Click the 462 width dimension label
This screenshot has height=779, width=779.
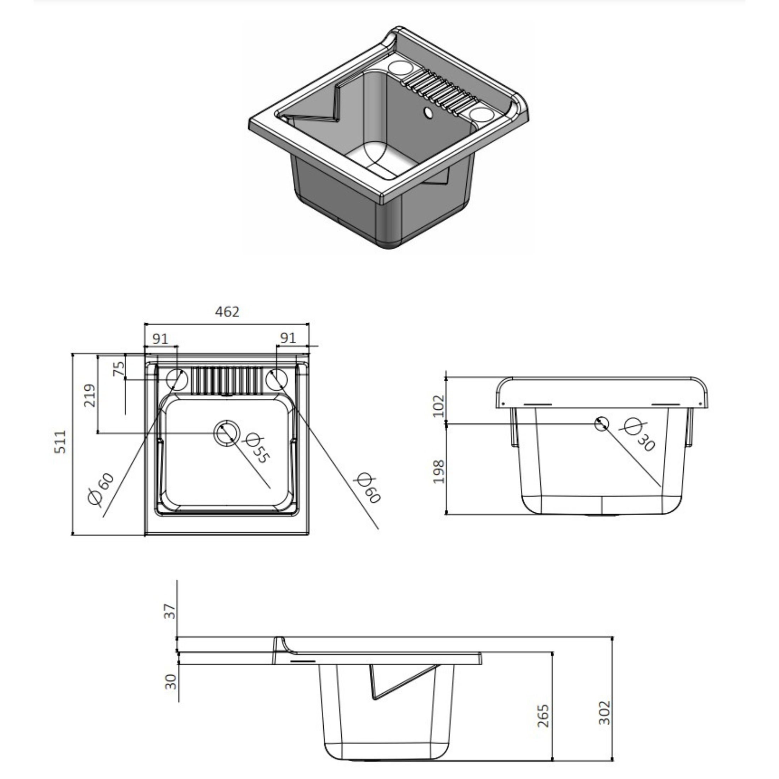(x=227, y=312)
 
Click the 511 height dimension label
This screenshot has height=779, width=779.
(x=61, y=442)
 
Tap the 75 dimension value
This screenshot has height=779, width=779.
(x=119, y=369)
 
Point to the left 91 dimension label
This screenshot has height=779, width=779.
(x=160, y=338)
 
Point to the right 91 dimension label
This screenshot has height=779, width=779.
(x=288, y=337)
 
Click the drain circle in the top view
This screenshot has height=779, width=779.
(x=227, y=433)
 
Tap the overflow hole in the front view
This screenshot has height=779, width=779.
(x=602, y=423)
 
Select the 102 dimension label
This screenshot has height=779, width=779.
(x=438, y=406)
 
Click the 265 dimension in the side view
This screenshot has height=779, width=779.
(x=544, y=716)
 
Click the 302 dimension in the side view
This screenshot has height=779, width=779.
(x=604, y=713)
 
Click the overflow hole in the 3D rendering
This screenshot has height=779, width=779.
(x=428, y=113)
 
